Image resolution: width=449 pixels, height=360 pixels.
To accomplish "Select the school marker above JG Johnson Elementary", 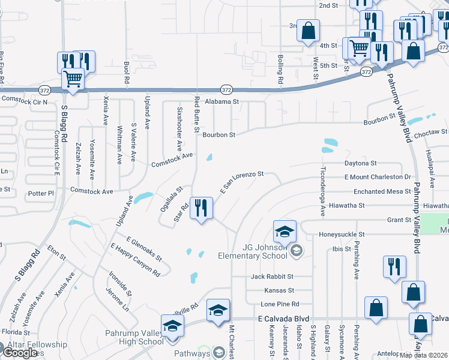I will tap(285, 231).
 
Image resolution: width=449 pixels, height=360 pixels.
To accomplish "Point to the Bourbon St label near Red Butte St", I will tap(218, 135).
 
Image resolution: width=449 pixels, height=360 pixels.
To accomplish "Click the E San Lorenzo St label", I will tap(242, 181).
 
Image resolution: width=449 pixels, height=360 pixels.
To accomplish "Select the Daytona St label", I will tap(360, 163).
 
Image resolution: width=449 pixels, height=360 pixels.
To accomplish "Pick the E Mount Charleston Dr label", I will tap(377, 178).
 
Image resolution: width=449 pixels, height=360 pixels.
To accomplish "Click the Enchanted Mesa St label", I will tap(382, 191).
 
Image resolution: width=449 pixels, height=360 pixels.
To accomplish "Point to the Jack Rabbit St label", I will tap(272, 277).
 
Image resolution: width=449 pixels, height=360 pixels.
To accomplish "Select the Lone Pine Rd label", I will tap(279, 304).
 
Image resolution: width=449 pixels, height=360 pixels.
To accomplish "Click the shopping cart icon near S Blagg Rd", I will tap(73, 79).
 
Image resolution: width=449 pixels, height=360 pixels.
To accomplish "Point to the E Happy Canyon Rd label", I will tap(135, 259).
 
